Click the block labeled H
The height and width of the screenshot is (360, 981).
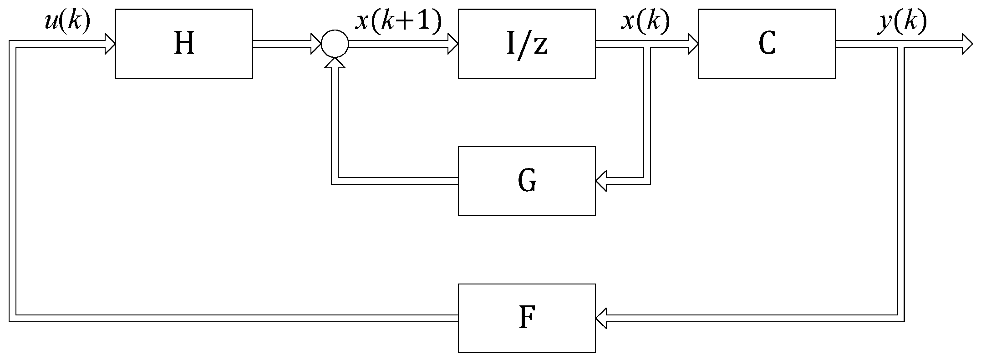click(184, 44)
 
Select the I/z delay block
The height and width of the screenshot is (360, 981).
click(527, 44)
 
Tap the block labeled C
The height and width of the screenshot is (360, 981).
click(767, 44)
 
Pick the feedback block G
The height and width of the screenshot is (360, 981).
click(527, 181)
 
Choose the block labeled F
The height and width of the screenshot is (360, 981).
click(527, 318)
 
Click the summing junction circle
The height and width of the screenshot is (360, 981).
click(335, 44)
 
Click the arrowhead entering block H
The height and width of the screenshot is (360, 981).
click(110, 44)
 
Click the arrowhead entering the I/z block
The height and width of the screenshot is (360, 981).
click(452, 44)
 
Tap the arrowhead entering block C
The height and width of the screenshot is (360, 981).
click(692, 44)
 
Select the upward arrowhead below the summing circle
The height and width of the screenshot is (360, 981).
click(335, 64)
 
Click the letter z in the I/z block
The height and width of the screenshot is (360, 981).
click(540, 46)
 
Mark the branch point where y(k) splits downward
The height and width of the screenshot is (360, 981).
click(900, 44)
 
